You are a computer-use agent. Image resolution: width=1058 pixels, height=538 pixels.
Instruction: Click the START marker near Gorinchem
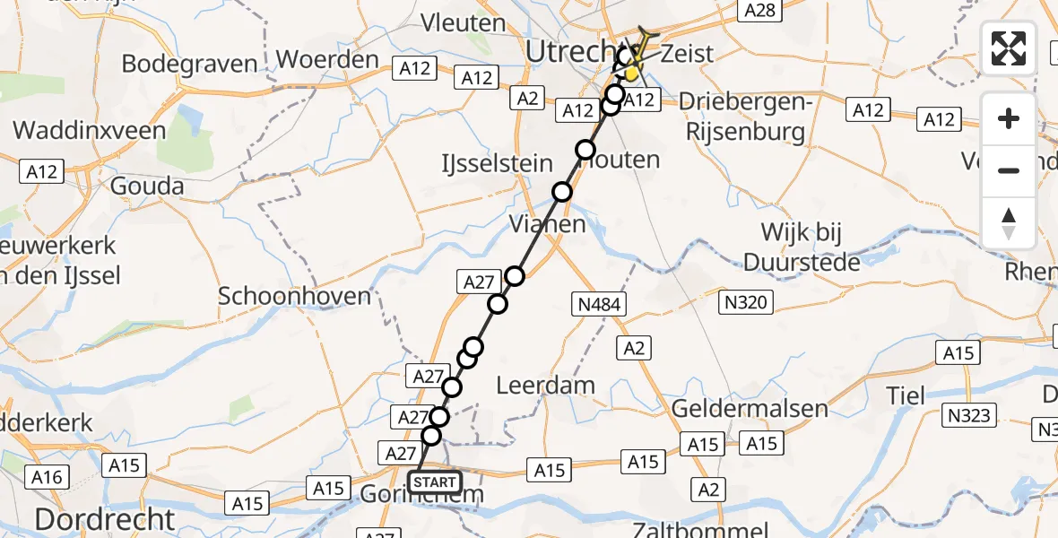pyautogui.click(x=436, y=482)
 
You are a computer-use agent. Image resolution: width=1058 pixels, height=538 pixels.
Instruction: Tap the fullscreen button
pyautogui.click(x=1009, y=48)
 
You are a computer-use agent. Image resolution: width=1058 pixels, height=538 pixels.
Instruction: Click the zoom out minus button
pyautogui.click(x=1009, y=170)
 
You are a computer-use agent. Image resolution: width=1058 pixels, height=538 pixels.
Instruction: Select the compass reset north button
pyautogui.click(x=1009, y=222)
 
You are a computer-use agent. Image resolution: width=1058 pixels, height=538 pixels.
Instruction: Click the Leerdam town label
pyautogui.click(x=546, y=386)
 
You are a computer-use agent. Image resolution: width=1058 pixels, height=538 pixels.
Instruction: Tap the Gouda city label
pyautogui.click(x=147, y=187)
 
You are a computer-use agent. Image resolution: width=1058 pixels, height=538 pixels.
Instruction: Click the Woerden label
pyautogui.click(x=328, y=60)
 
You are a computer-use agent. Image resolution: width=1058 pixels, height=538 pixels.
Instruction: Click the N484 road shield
pyautogui.click(x=599, y=305)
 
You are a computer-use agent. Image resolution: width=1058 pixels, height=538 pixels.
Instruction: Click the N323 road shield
pyautogui.click(x=968, y=414)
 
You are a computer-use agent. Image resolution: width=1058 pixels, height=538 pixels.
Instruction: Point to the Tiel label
pyautogui.click(x=905, y=395)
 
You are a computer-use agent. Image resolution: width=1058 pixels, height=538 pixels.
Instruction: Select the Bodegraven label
pyautogui.click(x=189, y=65)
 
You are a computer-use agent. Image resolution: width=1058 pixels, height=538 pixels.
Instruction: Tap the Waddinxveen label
pyautogui.click(x=90, y=131)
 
